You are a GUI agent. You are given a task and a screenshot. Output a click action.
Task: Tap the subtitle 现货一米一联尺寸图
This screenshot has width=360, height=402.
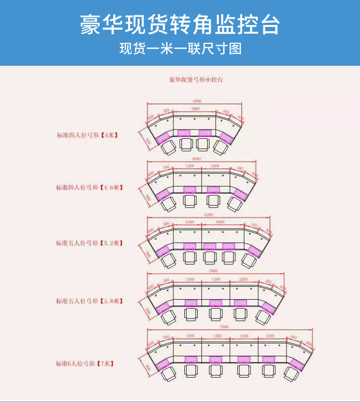pos(180,49)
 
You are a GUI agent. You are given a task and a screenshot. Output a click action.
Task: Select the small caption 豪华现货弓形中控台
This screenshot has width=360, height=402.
pos(196,80)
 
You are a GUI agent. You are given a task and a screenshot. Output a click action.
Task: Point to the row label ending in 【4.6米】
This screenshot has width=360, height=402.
pos(89,187)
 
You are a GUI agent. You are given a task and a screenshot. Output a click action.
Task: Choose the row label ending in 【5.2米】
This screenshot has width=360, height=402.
pos(89,243)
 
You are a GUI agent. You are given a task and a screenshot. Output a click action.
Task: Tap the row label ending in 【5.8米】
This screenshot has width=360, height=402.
pos(89,301)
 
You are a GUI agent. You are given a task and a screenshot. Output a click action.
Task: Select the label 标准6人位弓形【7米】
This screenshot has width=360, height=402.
pos(85,364)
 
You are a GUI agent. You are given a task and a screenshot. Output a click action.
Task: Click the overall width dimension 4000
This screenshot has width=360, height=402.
pos(197,101)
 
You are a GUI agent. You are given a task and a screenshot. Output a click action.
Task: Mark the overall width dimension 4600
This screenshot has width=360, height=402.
pos(197,158)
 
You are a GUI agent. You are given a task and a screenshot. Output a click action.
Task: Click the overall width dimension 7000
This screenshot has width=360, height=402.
pos(224,327)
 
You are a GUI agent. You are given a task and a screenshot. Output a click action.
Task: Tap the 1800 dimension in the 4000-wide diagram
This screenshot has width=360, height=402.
pos(196,109)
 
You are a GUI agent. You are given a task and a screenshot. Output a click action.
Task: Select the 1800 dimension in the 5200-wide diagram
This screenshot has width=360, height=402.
pos(219,222)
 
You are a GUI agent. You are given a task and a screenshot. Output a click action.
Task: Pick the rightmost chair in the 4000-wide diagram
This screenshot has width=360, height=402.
pos(220,147)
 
